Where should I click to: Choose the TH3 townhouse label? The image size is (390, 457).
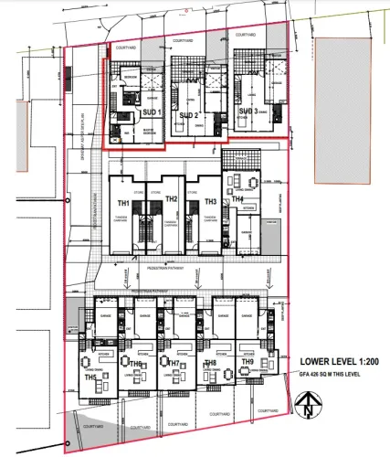coord(210,202)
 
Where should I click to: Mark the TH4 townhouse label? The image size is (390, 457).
coord(237,199)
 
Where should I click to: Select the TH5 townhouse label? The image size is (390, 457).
coord(91,377)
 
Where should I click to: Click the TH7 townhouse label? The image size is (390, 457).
coord(173,365)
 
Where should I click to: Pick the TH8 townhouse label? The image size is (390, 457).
coord(210,364)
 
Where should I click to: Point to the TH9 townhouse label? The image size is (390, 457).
coord(248,363)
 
